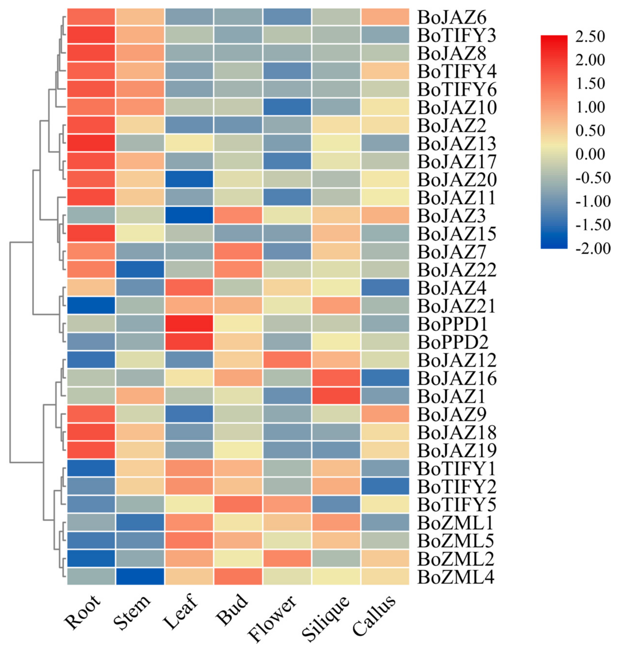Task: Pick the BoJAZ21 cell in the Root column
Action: (91, 305)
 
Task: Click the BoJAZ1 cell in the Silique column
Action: (336, 396)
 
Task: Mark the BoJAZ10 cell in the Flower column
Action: (287, 107)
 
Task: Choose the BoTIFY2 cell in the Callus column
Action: (385, 486)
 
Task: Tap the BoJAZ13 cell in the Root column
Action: (91, 143)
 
